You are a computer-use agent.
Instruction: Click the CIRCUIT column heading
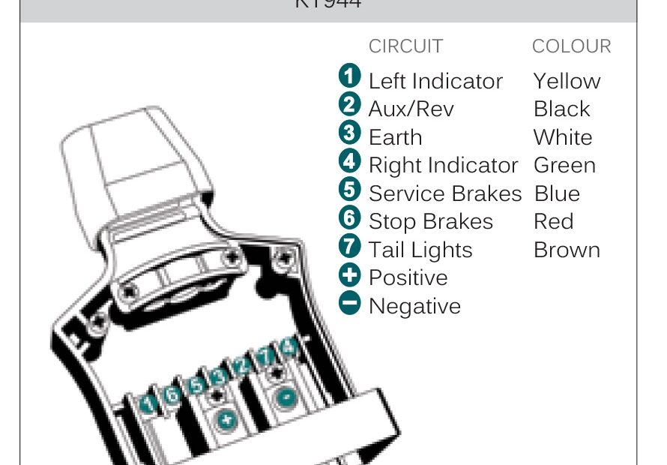(x=405, y=46)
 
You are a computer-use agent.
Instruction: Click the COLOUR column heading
(x=571, y=46)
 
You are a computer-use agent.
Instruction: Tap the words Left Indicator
(x=435, y=81)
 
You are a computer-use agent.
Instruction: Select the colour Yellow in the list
(x=567, y=81)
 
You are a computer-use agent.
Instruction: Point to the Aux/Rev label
(x=411, y=109)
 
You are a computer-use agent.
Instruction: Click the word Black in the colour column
(x=561, y=109)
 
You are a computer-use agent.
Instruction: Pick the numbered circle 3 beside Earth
(x=350, y=133)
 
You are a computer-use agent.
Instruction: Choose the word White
(x=563, y=137)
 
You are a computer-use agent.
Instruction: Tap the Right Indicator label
(x=443, y=165)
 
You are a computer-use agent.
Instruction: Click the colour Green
(x=564, y=165)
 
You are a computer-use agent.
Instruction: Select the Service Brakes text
(x=444, y=193)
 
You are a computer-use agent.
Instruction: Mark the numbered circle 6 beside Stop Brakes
(x=350, y=218)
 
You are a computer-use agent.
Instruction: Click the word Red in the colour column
(x=553, y=221)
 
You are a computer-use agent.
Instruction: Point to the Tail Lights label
(x=420, y=250)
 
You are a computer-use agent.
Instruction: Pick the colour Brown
(x=567, y=250)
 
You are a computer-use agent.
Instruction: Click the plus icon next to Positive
(x=350, y=274)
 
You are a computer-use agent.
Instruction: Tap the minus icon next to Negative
(x=350, y=303)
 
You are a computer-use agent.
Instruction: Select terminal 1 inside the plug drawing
(x=149, y=405)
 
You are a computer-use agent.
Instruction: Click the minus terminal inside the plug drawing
(x=284, y=397)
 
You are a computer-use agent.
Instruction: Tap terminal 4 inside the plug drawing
(x=288, y=347)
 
